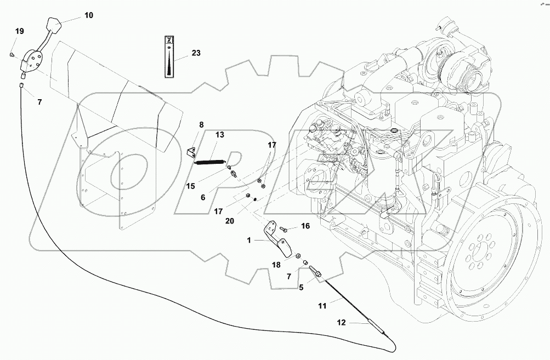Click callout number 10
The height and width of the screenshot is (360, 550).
coord(88,15)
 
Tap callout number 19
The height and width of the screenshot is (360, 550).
coord(19,32)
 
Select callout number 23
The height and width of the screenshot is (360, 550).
coord(196,53)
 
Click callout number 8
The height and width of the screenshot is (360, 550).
coord(201,125)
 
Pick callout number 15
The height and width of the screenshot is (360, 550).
coord(190,186)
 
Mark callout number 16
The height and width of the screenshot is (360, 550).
coord(305,226)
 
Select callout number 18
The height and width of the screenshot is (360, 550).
coord(276,265)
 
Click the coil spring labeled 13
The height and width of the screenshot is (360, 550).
coord(211,161)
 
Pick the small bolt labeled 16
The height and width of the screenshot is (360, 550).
coord(283,228)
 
